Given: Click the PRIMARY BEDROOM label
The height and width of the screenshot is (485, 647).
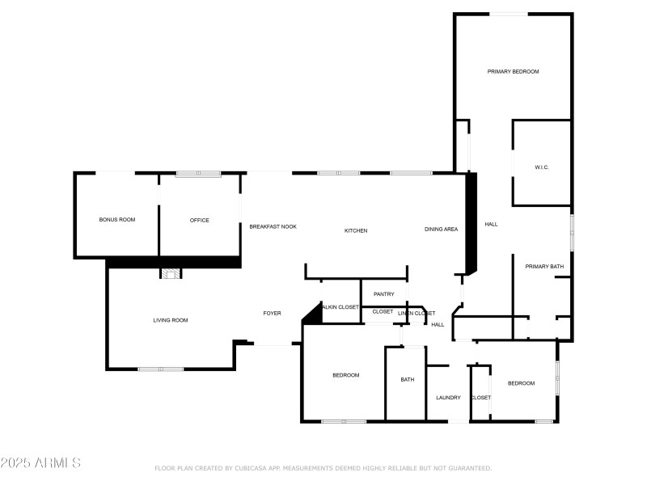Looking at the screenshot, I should [513, 72].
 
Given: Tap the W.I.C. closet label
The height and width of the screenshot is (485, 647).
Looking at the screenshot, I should [542, 167].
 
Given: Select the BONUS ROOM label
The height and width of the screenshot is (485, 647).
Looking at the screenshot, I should [117, 220].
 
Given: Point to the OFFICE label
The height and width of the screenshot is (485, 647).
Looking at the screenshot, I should [200, 220].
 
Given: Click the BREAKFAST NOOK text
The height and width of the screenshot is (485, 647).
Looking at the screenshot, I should [273, 226].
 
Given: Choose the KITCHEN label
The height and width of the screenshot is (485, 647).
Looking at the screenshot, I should [356, 230].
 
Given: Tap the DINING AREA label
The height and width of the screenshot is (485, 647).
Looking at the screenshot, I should [442, 229].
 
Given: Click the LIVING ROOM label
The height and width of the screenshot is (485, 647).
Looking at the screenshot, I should [171, 320].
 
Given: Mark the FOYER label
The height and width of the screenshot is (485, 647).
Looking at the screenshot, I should [272, 313].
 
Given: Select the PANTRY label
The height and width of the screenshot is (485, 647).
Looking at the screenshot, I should [384, 294].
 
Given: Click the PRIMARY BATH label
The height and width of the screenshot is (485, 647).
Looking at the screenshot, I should [544, 266].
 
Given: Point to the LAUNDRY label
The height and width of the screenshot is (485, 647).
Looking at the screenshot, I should [448, 397].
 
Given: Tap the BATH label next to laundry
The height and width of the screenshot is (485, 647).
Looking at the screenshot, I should [407, 379].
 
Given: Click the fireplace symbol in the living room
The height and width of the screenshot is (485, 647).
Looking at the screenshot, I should [171, 273].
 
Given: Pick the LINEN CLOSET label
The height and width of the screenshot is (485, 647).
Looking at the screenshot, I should [417, 313].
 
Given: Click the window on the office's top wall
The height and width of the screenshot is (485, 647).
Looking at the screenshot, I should [199, 173].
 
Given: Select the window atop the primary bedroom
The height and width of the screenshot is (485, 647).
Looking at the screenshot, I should [511, 14].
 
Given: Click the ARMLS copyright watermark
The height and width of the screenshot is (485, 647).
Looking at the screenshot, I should [40, 463].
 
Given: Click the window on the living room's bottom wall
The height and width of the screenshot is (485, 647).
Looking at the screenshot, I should [160, 369].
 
